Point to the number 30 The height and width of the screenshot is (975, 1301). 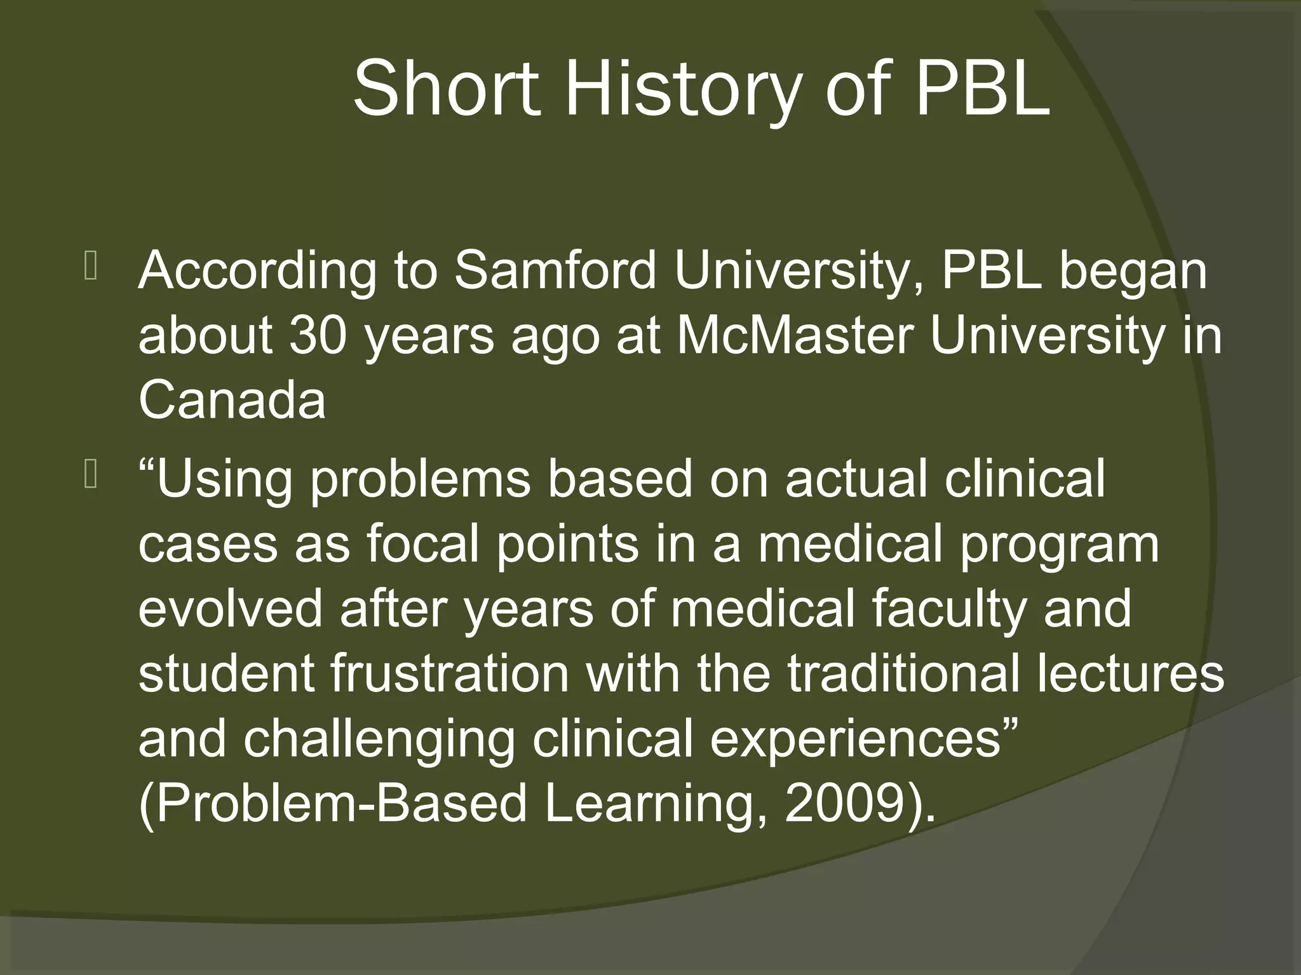[x=318, y=336]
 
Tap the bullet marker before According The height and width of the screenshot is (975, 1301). [x=90, y=267]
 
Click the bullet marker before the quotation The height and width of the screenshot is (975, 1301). [x=90, y=475]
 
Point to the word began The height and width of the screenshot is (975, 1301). [x=1133, y=271]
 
